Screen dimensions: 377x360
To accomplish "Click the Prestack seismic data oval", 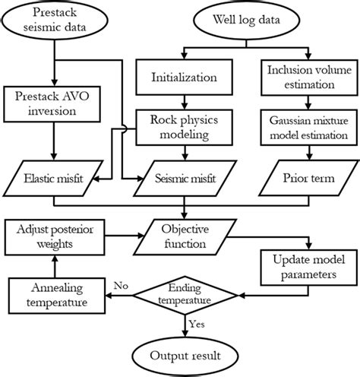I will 55,21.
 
